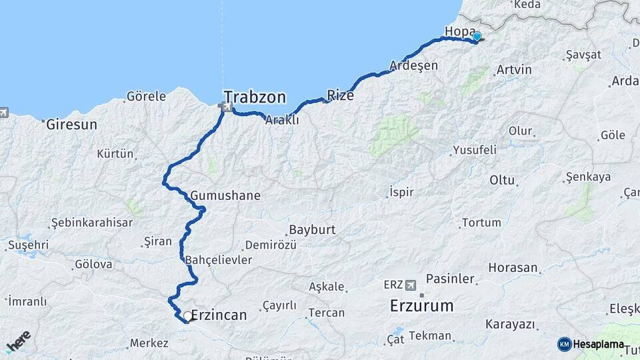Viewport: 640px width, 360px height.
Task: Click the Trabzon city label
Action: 255,97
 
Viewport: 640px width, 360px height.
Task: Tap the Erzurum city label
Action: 421,307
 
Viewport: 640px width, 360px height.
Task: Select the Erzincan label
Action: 219,315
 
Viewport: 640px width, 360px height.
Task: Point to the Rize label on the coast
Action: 341,95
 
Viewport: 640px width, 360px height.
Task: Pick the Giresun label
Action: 71,124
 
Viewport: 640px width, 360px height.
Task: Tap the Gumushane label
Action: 225,196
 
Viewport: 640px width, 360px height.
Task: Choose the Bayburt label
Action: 311,230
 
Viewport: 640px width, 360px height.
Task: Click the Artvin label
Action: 514,69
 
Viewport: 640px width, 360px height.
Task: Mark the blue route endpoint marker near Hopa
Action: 477,37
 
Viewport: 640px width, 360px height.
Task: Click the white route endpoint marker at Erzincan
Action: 188,317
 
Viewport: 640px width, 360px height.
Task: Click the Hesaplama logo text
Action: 599,344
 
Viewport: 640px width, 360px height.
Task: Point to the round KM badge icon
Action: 564,344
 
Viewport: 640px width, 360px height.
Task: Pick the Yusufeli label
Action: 474,150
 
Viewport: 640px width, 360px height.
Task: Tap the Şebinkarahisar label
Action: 92,223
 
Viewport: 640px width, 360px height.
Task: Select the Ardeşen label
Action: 414,66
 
